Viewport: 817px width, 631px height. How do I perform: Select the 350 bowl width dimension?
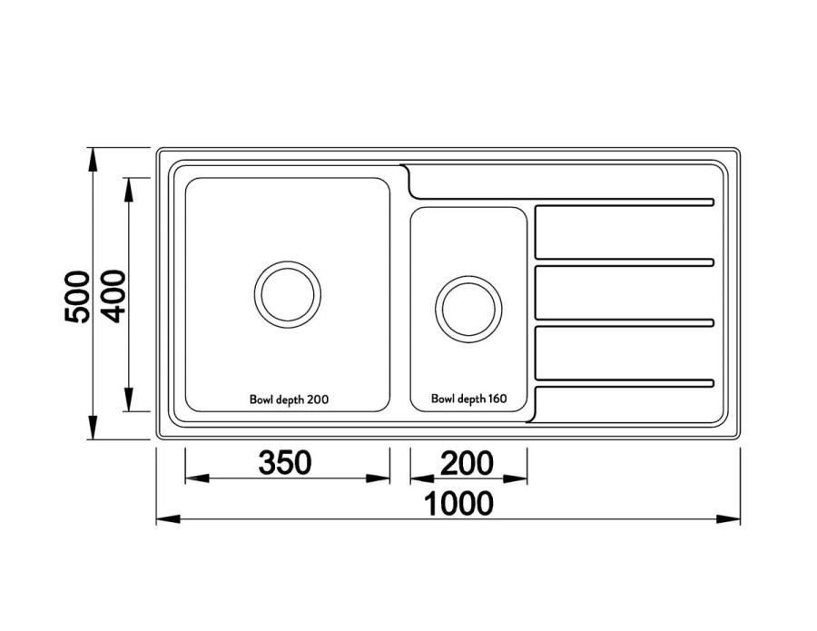pos(285,463)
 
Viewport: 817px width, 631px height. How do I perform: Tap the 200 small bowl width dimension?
pos(468,463)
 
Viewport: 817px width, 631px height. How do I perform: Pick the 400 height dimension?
pos(113,296)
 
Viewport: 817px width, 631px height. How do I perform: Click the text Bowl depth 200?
pos(288,399)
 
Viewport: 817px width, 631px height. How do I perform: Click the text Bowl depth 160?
pos(468,399)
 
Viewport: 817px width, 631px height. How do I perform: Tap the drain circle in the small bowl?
pos(468,306)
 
